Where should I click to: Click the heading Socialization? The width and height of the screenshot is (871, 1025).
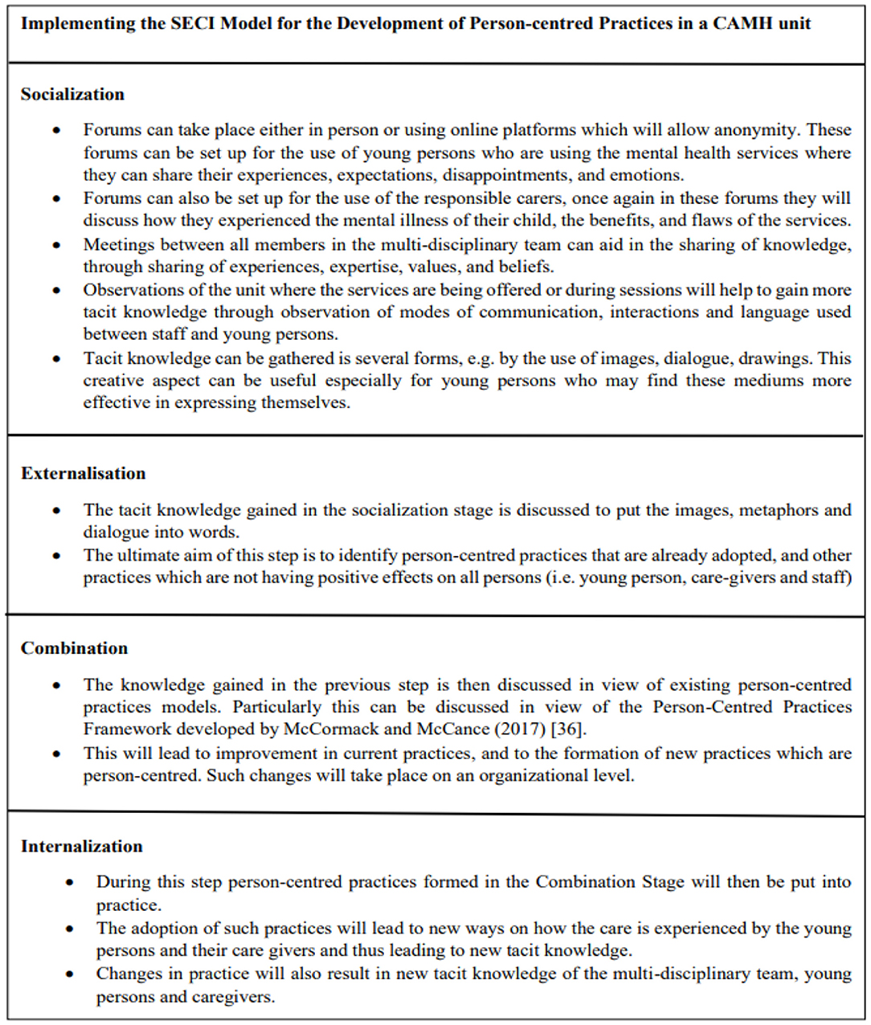click(x=72, y=94)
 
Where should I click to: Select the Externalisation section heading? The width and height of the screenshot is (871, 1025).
click(x=84, y=473)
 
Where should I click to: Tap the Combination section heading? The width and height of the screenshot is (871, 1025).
click(x=74, y=648)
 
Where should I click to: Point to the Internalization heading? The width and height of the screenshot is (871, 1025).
click(x=82, y=846)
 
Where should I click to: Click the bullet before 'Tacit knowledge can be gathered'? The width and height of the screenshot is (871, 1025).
click(x=56, y=358)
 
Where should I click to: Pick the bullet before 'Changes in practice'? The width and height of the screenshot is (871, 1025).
click(x=70, y=974)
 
